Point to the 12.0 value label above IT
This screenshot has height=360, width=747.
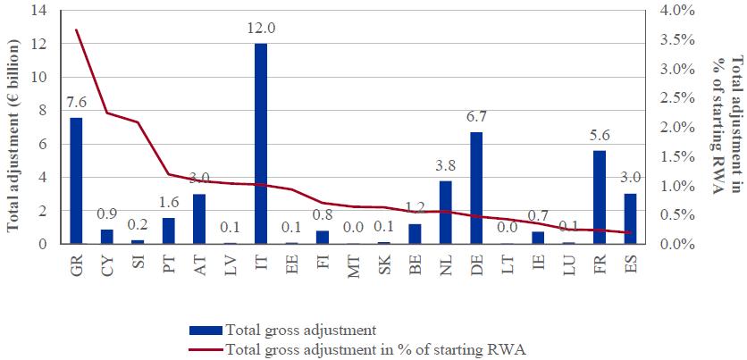point(261,29)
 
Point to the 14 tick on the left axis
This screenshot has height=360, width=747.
point(38,11)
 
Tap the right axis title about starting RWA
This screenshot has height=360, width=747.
point(730,125)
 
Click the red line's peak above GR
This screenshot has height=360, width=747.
point(76,30)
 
